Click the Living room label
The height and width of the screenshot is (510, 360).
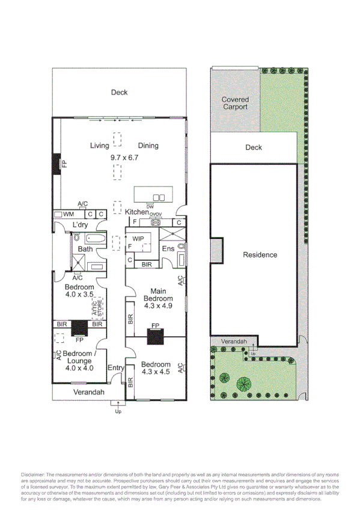point(99,146)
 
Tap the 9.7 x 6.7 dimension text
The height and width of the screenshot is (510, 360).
point(124,158)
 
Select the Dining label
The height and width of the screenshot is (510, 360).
point(148,146)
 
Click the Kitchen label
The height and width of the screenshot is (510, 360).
point(136,212)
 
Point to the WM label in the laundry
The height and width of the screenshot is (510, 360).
point(69,214)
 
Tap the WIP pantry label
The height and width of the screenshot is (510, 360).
point(138,239)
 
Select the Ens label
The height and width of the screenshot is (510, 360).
point(168,249)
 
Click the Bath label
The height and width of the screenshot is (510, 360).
point(85,249)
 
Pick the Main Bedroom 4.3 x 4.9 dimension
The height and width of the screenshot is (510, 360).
point(158,306)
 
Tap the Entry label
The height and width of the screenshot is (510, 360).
point(115,368)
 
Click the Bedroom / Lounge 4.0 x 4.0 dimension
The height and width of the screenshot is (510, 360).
point(79,368)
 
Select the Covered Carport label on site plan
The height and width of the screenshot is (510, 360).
point(235,103)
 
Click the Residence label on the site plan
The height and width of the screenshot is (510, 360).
point(260,255)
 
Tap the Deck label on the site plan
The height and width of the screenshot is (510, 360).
point(254,147)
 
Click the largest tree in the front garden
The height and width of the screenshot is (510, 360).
point(244,383)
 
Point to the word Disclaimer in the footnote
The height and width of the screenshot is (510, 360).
point(32,475)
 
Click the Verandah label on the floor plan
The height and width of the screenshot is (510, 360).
point(89,392)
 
